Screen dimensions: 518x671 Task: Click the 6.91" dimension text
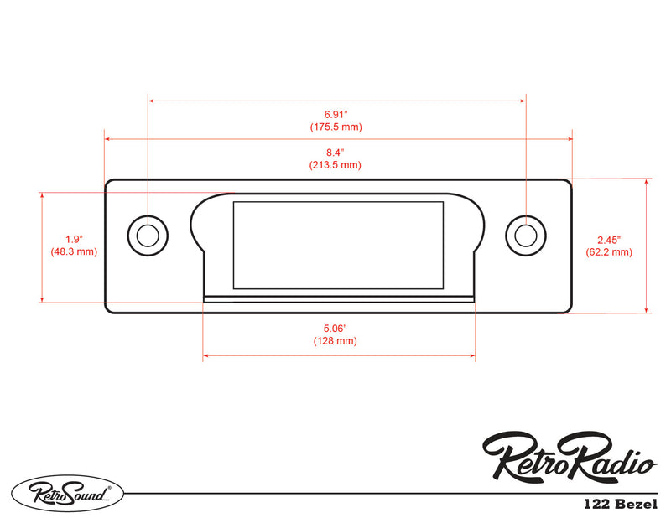click(335, 113)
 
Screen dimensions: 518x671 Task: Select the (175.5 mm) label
click(335, 127)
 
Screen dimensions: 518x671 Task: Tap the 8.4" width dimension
click(335, 153)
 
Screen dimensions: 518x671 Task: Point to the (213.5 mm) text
click(335, 165)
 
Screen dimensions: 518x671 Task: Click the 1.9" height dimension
click(73, 239)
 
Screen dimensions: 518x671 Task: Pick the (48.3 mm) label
click(73, 251)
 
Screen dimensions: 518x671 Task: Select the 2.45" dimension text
click(609, 239)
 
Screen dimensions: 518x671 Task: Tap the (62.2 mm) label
click(609, 251)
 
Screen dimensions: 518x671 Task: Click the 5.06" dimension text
click(335, 329)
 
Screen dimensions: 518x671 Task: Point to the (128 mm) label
click(335, 341)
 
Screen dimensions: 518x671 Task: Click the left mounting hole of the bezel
click(147, 235)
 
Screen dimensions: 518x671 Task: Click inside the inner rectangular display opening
click(337, 245)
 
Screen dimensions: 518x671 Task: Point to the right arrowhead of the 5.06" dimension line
click(472, 356)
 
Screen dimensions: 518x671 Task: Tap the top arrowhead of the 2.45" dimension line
click(647, 181)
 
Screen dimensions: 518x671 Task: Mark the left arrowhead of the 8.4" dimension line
click(107, 140)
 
